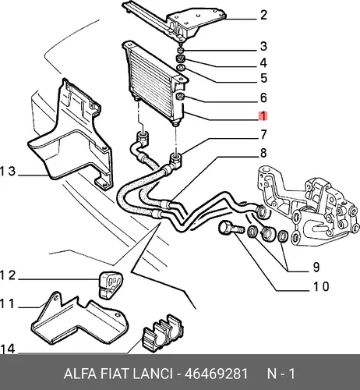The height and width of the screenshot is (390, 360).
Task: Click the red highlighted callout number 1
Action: pyautogui.click(x=263, y=116)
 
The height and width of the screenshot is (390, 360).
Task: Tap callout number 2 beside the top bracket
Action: pyautogui.click(x=263, y=15)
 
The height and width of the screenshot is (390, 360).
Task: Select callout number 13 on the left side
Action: pyautogui.click(x=8, y=172)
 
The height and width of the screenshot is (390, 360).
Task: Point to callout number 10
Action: pyautogui.click(x=321, y=286)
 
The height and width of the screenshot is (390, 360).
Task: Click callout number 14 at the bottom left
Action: pyautogui.click(x=8, y=349)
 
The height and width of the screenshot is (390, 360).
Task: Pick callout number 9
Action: pyautogui.click(x=316, y=267)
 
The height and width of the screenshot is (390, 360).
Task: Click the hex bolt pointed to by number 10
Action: pyautogui.click(x=231, y=228)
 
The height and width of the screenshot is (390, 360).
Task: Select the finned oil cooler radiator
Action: pyautogui.click(x=154, y=83)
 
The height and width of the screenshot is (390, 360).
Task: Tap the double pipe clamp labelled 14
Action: pyautogui.click(x=162, y=332)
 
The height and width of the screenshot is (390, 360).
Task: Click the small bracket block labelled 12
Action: pyautogui.click(x=110, y=284)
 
